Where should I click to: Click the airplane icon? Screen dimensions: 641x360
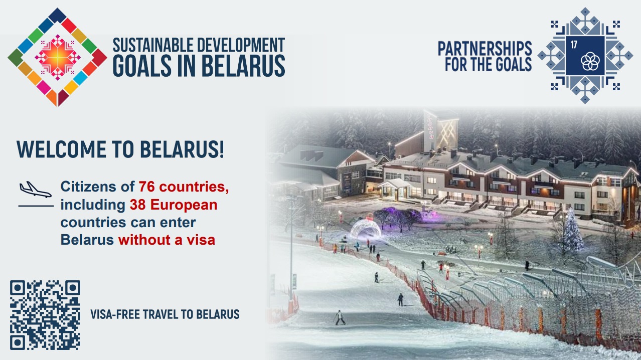[x=36, y=190]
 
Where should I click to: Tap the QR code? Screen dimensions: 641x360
[x=45, y=315]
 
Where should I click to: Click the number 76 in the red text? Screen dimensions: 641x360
[x=147, y=187]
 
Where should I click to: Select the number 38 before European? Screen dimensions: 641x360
[x=137, y=205]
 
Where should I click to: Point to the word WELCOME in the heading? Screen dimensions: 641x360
[x=61, y=149]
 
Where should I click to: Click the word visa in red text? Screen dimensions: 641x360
[x=201, y=240]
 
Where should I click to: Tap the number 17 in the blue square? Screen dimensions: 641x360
[x=574, y=45]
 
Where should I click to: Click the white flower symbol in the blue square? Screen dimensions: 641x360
[x=590, y=61]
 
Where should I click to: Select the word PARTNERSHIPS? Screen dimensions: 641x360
[x=485, y=48]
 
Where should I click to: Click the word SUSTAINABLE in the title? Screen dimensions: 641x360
[x=153, y=45]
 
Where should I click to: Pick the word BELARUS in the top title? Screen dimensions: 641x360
[x=243, y=66]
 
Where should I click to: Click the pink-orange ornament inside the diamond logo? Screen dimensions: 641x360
[x=58, y=57]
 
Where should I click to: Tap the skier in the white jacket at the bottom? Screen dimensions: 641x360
[x=340, y=318]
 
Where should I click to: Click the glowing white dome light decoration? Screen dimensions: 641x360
[x=366, y=229]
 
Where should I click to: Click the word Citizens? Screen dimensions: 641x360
[x=88, y=187]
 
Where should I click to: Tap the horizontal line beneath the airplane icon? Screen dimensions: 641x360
[x=36, y=206]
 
